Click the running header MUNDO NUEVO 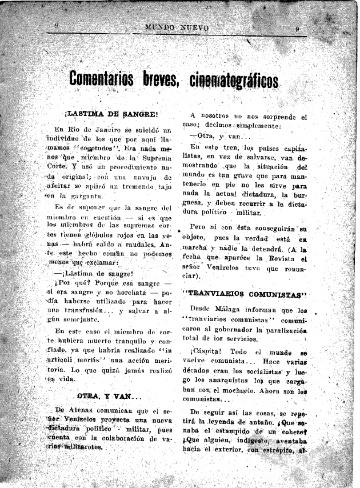click(178, 27)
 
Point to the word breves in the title click(161, 79)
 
